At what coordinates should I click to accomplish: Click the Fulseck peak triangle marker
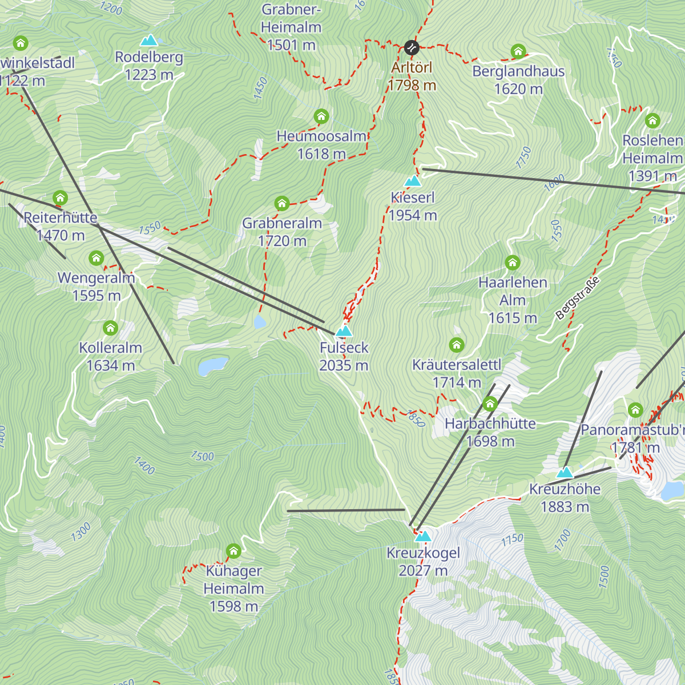coord(344,331)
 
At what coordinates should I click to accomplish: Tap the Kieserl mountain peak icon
coord(412,182)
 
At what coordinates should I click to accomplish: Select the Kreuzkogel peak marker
coord(422,536)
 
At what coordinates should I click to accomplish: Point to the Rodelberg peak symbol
coord(149,40)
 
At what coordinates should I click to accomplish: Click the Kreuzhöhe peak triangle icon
coord(565,472)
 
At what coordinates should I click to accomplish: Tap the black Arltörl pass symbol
coord(412,47)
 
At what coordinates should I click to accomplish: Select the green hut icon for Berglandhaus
coord(518,51)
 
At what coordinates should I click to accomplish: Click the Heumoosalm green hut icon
coord(321,117)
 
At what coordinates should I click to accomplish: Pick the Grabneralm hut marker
coord(281,203)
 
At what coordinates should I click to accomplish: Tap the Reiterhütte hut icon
coord(60,198)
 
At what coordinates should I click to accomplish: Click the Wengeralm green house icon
coord(96,259)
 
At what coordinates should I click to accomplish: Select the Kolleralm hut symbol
coord(110,328)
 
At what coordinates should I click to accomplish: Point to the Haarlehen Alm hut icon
coord(513,263)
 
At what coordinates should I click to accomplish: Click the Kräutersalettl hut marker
coord(456,345)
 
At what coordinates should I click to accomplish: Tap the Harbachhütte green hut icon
coord(490,404)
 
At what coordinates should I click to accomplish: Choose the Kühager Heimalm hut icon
coord(233,551)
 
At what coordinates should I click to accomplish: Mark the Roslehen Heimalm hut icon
coord(652,121)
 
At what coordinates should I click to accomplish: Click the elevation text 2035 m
coord(344,365)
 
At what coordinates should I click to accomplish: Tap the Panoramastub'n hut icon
coord(635,410)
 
